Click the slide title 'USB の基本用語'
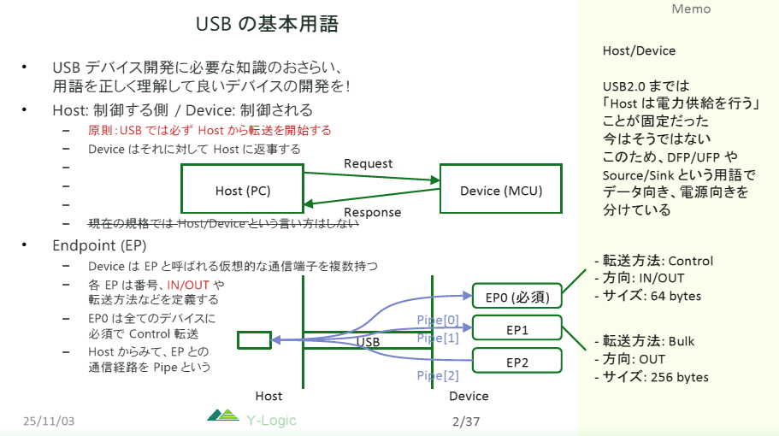(267, 25)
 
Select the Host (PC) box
(243, 189)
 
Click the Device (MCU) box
(501, 190)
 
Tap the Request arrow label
(368, 163)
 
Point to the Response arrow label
(372, 213)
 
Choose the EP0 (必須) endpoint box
(516, 298)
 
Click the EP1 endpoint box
(516, 329)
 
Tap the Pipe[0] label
(438, 321)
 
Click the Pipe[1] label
(438, 339)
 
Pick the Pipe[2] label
(438, 375)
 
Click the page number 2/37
(467, 421)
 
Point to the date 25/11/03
(50, 421)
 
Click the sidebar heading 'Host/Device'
(639, 50)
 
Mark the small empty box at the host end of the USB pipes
(254, 340)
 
